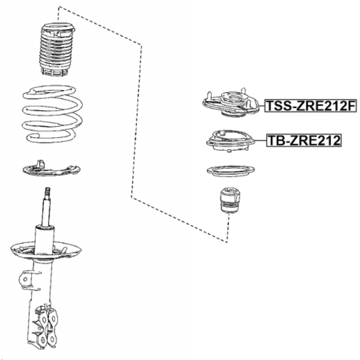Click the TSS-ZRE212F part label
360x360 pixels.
(310, 106)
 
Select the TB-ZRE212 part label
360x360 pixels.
(304, 140)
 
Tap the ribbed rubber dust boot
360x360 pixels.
(56, 49)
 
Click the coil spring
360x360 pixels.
(52, 114)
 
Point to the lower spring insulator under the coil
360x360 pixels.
(51, 169)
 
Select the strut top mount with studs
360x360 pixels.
(231, 103)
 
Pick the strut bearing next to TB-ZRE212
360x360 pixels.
(230, 141)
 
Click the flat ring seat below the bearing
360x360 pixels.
(231, 171)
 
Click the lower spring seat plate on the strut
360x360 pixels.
(46, 251)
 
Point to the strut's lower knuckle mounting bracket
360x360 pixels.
(45, 325)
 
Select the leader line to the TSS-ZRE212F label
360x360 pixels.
(262, 106)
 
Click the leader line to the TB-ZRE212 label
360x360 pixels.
(260, 140)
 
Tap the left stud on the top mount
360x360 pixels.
(209, 96)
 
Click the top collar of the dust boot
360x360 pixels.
(58, 28)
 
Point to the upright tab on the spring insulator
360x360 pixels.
(40, 163)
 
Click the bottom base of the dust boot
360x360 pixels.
(55, 71)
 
